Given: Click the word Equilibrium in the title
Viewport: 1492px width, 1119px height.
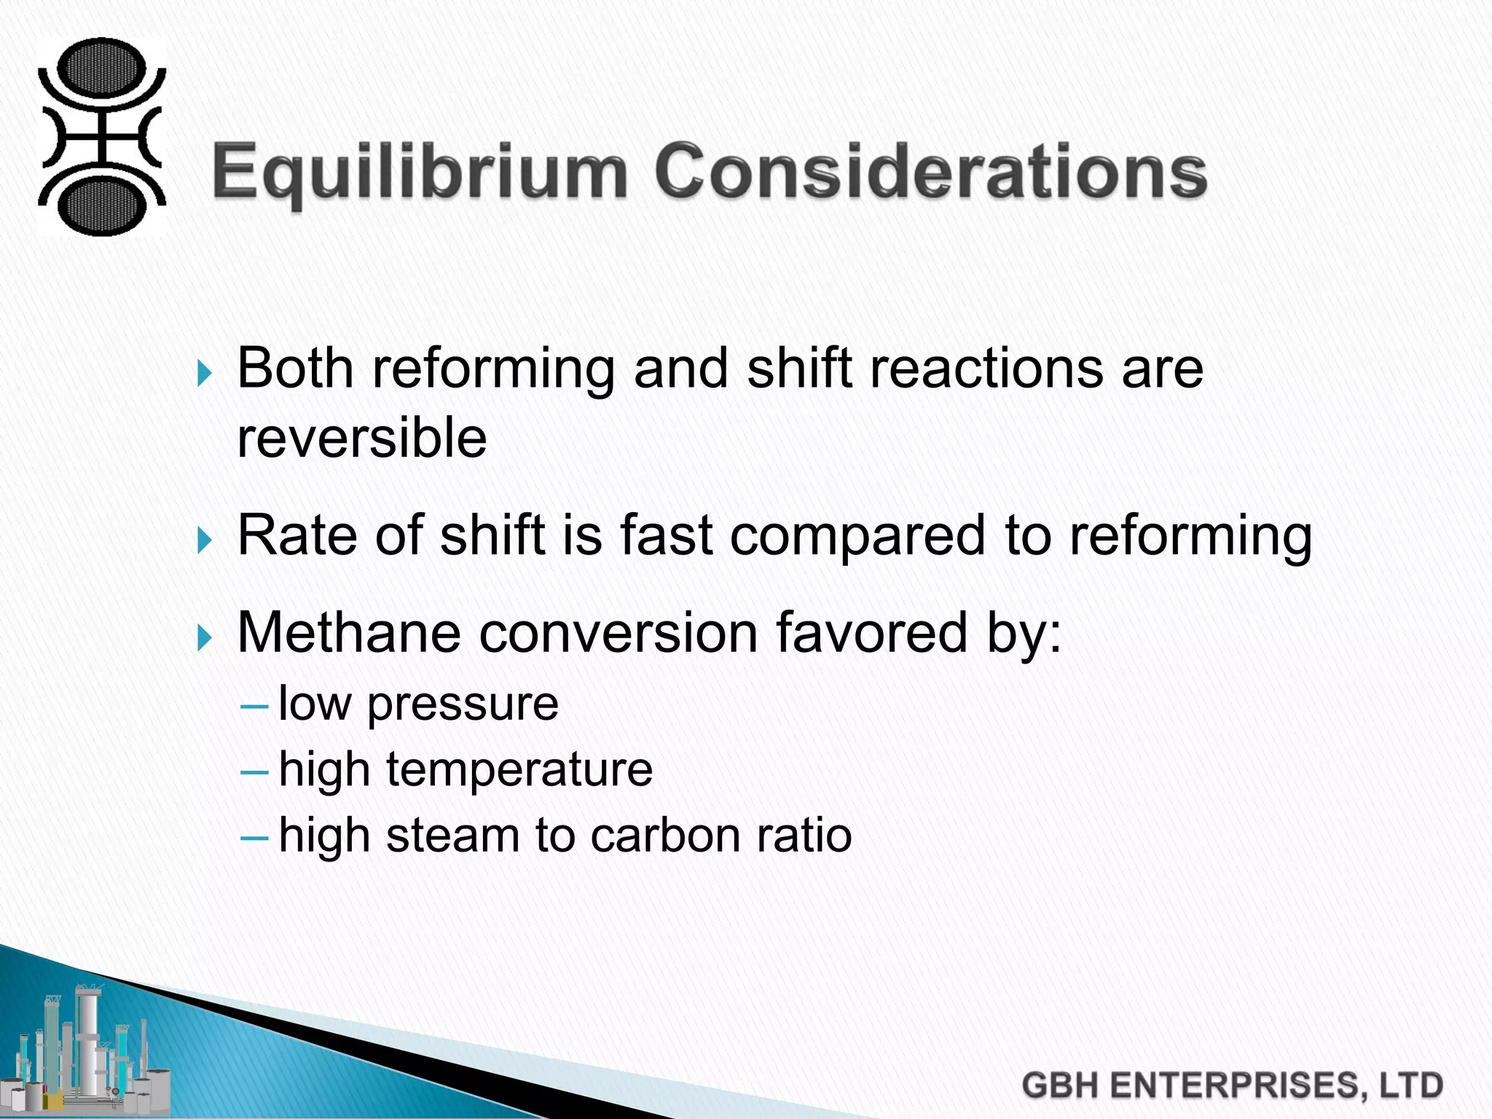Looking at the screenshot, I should [x=420, y=172].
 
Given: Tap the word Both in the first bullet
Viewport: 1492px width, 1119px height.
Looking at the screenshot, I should [x=295, y=368].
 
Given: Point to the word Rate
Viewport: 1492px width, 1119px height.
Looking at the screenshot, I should [x=297, y=535].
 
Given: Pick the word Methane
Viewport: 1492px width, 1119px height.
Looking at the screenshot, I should [x=349, y=632].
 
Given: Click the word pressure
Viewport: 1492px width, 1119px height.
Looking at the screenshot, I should [x=463, y=705].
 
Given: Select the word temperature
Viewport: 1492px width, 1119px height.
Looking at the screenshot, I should [x=519, y=770].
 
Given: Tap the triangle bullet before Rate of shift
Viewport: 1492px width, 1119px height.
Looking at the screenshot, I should [x=205, y=541].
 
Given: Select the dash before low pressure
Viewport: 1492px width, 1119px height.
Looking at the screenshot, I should [x=254, y=706].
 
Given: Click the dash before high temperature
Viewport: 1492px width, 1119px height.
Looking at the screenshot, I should [x=254, y=771].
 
